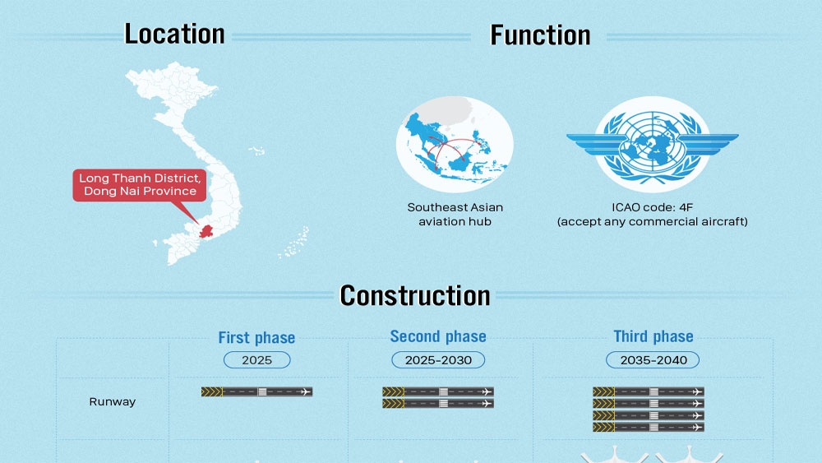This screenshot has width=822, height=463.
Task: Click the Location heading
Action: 174,34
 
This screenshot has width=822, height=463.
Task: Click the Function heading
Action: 540,35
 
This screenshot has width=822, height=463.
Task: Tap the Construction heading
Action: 414,296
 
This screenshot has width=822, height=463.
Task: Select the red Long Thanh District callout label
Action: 140,185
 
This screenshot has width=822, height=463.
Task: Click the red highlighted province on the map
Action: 206,231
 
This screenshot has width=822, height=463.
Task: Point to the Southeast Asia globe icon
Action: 455,144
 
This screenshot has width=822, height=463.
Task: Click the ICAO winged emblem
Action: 652,144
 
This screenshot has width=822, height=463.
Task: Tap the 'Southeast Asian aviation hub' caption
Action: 455,215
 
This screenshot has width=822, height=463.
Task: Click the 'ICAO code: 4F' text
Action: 652,207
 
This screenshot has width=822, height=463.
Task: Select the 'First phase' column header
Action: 256,338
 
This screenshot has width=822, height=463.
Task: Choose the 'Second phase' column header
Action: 438,336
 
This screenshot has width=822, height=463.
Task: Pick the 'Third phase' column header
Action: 653,336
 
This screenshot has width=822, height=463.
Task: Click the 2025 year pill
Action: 256,360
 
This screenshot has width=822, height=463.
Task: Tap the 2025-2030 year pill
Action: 438,360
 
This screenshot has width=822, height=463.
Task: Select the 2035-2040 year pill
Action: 653,360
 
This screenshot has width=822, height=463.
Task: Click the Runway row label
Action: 112,402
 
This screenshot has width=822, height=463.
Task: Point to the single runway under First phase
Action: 256,391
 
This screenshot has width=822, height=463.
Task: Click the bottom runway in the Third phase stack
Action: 649,428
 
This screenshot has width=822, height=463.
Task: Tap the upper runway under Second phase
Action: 438,391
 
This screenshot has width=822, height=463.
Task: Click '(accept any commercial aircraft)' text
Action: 652,222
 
